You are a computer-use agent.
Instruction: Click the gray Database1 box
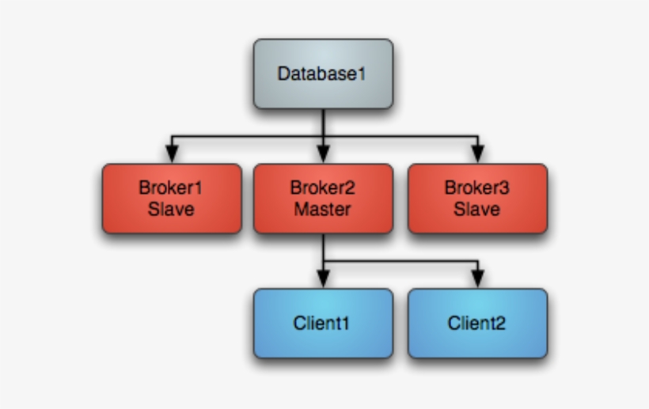pyautogui.click(x=323, y=74)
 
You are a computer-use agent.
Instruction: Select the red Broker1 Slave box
pyautogui.click(x=172, y=199)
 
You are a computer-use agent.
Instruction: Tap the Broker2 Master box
pyautogui.click(x=323, y=199)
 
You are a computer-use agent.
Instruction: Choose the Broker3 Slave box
pyautogui.click(x=477, y=199)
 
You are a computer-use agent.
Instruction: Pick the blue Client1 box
pyautogui.click(x=323, y=323)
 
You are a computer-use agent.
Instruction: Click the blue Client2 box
pyautogui.click(x=477, y=323)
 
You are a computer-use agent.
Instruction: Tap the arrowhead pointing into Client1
pyautogui.click(x=323, y=278)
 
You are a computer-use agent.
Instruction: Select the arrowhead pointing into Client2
pyautogui.click(x=477, y=278)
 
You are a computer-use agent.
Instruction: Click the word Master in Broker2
pyautogui.click(x=323, y=210)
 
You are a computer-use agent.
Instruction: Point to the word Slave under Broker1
pyautogui.click(x=172, y=210)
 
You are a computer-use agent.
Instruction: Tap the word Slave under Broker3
pyautogui.click(x=477, y=210)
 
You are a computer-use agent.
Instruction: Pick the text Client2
pyautogui.click(x=477, y=323)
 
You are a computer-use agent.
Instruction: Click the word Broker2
pyautogui.click(x=323, y=188)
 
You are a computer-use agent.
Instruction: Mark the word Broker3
pyautogui.click(x=477, y=188)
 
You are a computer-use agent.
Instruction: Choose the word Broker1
pyautogui.click(x=172, y=188)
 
